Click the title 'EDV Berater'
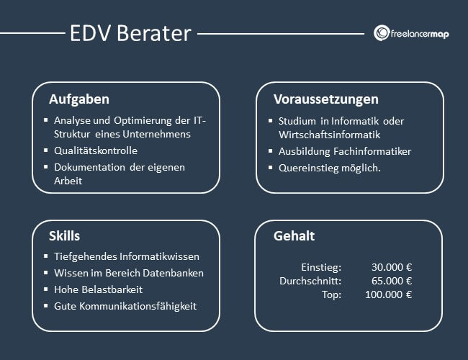[130, 33]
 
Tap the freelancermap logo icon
[382, 33]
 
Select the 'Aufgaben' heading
[79, 99]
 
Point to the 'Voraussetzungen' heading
[325, 99]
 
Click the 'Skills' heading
[65, 235]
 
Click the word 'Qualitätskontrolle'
[96, 150]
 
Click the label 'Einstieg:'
[321, 266]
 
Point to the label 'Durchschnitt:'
[310, 281]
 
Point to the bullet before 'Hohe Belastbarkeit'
[45, 289]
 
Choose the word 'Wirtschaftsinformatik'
[329, 134]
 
